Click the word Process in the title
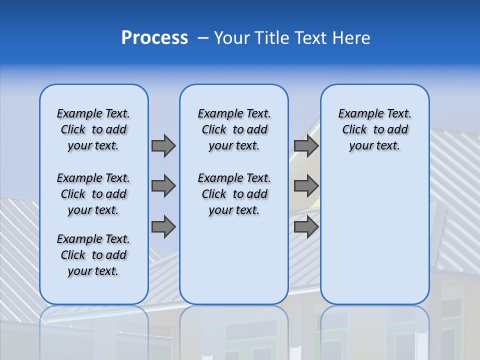pos(154,38)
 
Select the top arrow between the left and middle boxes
pos(163,145)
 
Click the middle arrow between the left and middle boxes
pos(163,186)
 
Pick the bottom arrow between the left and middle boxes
pos(163,227)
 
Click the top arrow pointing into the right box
pos(306,145)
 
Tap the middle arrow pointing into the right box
pos(306,186)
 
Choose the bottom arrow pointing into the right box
pos(306,227)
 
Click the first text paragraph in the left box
pos(93,129)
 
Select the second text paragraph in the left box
pos(93,194)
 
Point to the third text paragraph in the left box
pos(93,255)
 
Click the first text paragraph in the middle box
pos(234,129)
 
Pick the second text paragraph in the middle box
pos(234,194)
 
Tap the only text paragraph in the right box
pos(374,129)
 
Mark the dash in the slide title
pos(203,38)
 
